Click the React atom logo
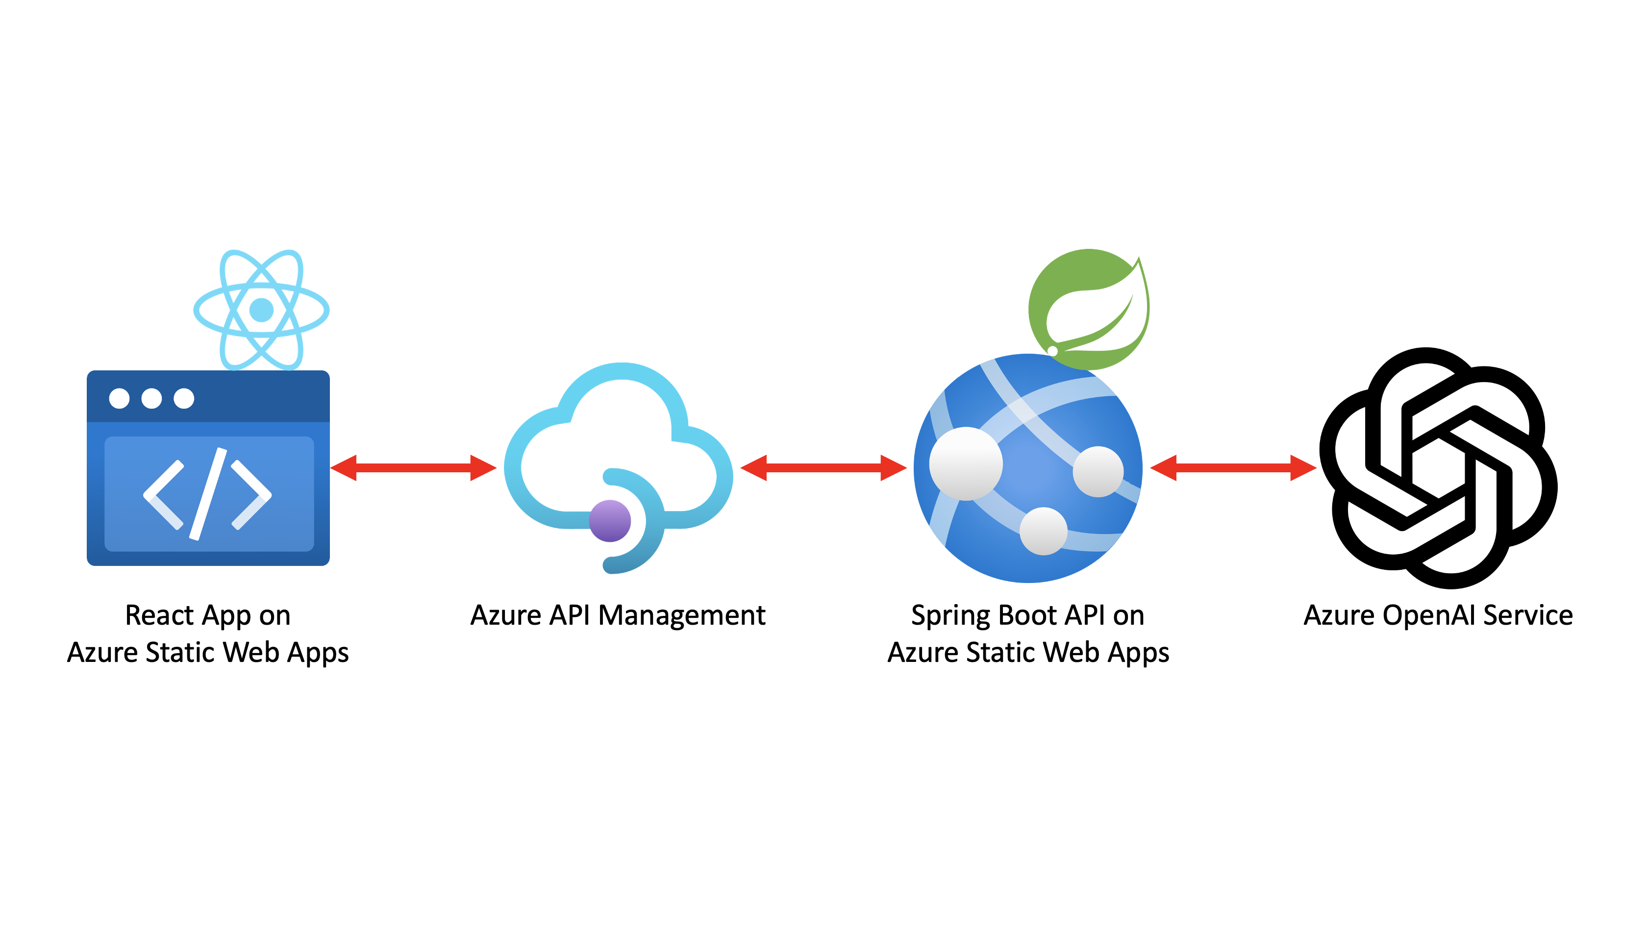point(261,310)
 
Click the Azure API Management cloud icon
point(619,447)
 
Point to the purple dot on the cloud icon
point(610,521)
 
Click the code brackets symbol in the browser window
point(208,494)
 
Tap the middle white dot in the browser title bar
point(151,398)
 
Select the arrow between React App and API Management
point(413,468)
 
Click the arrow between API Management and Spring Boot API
point(823,468)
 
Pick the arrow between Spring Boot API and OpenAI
point(1233,468)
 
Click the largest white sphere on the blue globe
point(966,463)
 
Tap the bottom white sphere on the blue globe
point(1044,531)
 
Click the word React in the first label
point(159,615)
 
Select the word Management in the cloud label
point(682,615)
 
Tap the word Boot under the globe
point(1027,615)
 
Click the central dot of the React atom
point(261,310)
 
